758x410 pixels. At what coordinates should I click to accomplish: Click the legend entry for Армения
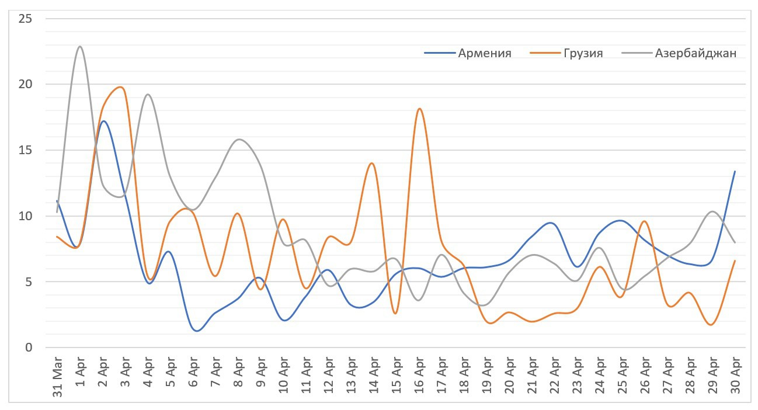485,53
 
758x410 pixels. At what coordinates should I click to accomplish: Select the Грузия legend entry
583,53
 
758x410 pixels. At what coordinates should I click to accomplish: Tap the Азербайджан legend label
696,53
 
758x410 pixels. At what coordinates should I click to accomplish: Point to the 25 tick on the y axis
25,19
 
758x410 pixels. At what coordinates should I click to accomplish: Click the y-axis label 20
25,84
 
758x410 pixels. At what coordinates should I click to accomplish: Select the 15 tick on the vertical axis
25,150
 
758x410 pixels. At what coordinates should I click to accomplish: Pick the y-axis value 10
25,216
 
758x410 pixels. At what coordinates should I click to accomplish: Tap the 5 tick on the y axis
29,282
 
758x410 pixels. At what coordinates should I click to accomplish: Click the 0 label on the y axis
29,348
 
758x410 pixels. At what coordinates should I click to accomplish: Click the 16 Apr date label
419,374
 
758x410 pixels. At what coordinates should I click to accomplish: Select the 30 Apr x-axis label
735,374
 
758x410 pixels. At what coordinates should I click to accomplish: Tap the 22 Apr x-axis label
554,374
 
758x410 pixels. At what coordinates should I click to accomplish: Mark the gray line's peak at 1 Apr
79,46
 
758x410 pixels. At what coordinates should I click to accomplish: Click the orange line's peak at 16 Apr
419,109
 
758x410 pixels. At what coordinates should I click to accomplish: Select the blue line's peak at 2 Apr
103,121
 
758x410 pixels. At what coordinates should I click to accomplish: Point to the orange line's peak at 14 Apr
372,163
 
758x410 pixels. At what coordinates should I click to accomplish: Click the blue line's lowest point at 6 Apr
196,331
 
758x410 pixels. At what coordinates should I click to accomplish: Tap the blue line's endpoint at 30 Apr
735,171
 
